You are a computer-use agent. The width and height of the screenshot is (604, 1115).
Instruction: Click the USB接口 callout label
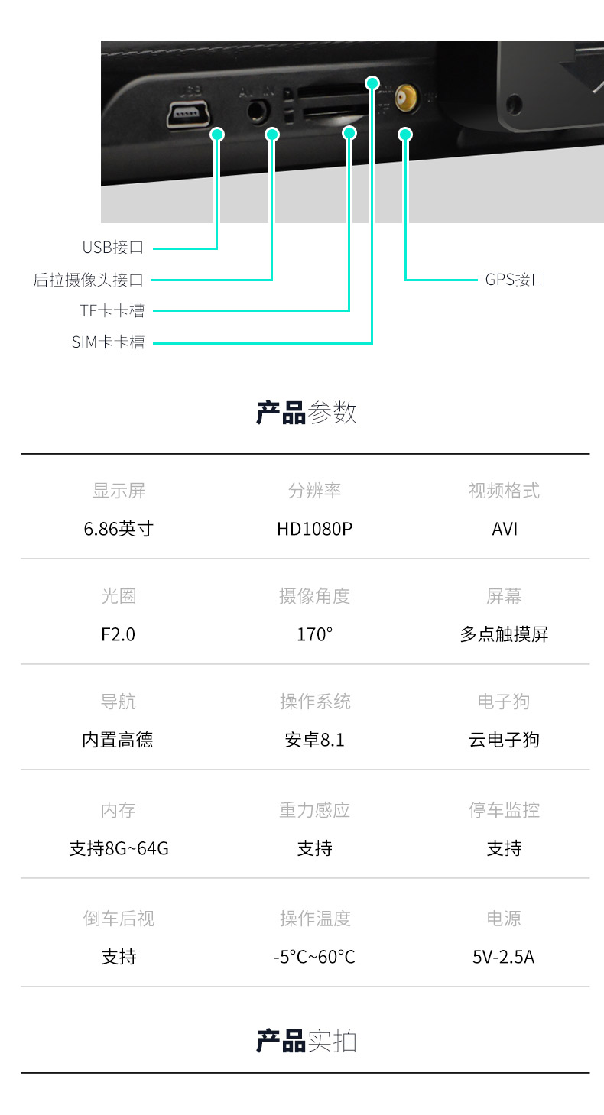point(112,248)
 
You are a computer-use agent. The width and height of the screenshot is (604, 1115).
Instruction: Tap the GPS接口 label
point(515,280)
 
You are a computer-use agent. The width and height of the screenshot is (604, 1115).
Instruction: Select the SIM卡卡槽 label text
point(108,342)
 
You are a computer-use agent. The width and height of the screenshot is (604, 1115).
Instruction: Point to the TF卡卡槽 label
point(112,311)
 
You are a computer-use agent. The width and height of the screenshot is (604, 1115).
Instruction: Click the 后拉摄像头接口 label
point(88,280)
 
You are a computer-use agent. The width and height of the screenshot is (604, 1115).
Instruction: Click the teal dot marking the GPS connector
point(405,135)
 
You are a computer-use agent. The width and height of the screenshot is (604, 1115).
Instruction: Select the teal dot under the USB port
point(217,135)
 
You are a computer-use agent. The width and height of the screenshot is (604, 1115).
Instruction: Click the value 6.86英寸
point(119,529)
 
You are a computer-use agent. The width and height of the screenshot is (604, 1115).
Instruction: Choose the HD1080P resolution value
point(314,529)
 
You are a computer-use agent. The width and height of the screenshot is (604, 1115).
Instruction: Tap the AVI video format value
point(505,529)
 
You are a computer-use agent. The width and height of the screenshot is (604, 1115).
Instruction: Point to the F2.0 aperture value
point(119,634)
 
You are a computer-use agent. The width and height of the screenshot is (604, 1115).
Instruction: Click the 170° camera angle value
point(314,634)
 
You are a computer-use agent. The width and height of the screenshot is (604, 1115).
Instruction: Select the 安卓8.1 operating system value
point(314,740)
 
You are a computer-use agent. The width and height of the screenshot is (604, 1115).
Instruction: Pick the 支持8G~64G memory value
point(119,848)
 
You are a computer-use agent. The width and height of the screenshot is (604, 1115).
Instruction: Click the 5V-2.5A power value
point(503,957)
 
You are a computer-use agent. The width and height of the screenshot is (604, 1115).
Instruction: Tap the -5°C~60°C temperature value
point(314,957)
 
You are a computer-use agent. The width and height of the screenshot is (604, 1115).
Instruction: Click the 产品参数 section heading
point(306,413)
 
